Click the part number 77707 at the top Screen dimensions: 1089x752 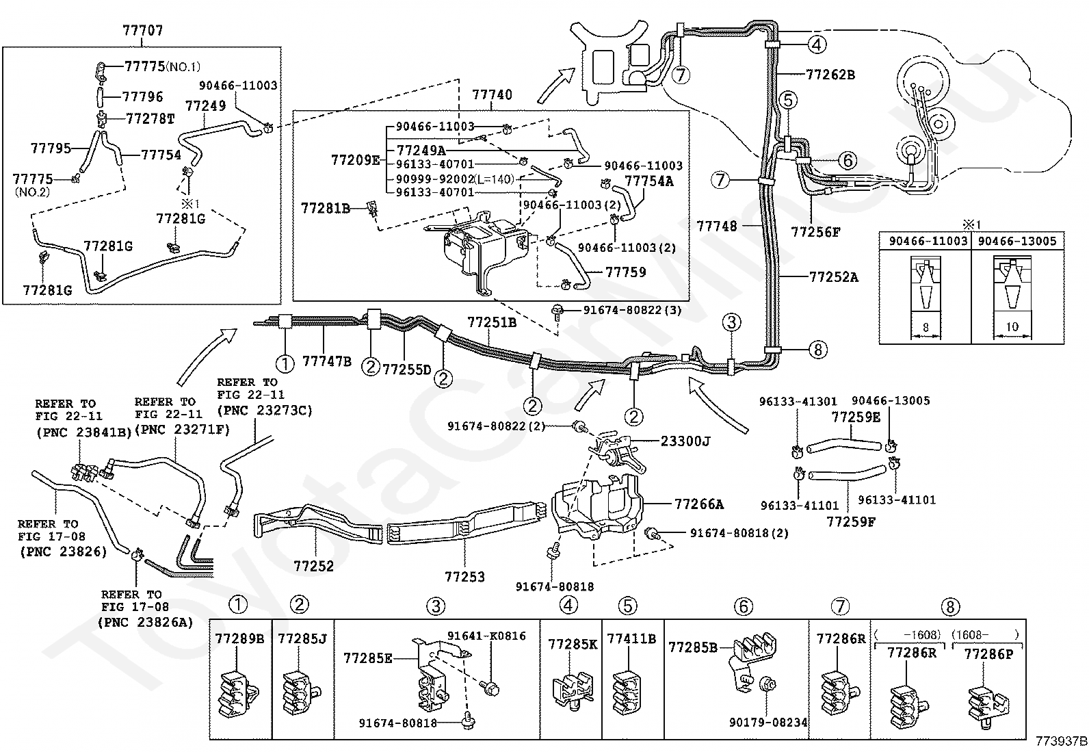(143, 31)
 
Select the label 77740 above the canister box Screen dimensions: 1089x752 (493, 94)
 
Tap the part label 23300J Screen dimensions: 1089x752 (685, 441)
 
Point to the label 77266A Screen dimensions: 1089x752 (698, 504)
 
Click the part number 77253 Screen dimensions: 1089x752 (464, 577)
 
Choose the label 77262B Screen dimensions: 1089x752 (830, 75)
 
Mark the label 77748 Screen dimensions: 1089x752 (717, 226)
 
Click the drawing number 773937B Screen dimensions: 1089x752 (1061, 741)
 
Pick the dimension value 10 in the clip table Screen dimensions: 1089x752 (1012, 326)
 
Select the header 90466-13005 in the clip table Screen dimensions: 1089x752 (1017, 242)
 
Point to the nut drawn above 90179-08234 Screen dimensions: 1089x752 (767, 684)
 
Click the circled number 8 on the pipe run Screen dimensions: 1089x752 (818, 350)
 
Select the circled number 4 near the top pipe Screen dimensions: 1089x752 (817, 44)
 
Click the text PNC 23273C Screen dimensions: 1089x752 (265, 410)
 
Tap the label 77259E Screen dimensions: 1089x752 (856, 417)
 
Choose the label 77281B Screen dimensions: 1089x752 (326, 209)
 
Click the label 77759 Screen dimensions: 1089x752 (626, 272)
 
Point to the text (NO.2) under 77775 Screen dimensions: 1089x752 (32, 192)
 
